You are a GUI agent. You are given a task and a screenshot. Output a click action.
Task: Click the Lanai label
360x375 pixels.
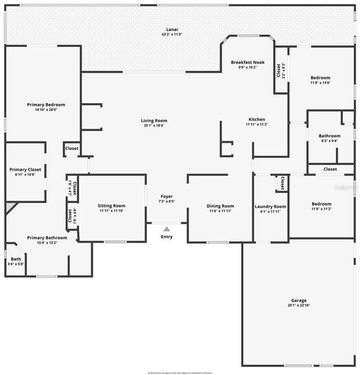[x=172, y=29]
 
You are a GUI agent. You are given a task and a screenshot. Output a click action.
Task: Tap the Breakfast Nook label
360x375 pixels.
[x=247, y=63]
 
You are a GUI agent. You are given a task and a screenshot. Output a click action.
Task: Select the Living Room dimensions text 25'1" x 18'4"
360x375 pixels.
[x=154, y=126]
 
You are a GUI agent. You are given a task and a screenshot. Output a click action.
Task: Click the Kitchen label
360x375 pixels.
[x=256, y=119]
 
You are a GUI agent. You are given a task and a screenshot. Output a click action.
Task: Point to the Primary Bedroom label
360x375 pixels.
[x=46, y=105]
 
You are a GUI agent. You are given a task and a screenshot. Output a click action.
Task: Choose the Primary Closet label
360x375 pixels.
[x=25, y=169]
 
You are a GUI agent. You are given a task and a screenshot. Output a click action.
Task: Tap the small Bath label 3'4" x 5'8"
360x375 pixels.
[x=16, y=259]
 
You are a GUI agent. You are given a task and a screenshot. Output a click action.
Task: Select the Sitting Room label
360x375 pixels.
[x=112, y=206]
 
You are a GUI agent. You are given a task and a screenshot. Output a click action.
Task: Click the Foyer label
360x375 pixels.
[x=167, y=196]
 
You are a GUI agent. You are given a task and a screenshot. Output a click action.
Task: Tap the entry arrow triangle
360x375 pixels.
[x=167, y=229]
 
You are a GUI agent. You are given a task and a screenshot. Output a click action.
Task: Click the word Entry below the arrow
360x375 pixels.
[x=167, y=237]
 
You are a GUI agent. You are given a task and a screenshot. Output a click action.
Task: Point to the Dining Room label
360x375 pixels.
[x=221, y=206]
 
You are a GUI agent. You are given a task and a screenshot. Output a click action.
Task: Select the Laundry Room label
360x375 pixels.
[x=270, y=206]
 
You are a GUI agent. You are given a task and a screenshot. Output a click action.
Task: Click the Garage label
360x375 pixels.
[x=299, y=301]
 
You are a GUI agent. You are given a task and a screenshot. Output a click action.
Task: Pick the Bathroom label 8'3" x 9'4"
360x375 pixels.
[x=330, y=136]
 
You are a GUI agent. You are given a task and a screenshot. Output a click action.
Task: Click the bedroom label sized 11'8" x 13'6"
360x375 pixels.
[x=320, y=78]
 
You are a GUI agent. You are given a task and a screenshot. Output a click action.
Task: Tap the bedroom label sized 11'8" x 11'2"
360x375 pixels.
[x=321, y=204]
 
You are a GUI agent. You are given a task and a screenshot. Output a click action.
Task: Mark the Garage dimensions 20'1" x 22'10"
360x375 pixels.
[x=299, y=306]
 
